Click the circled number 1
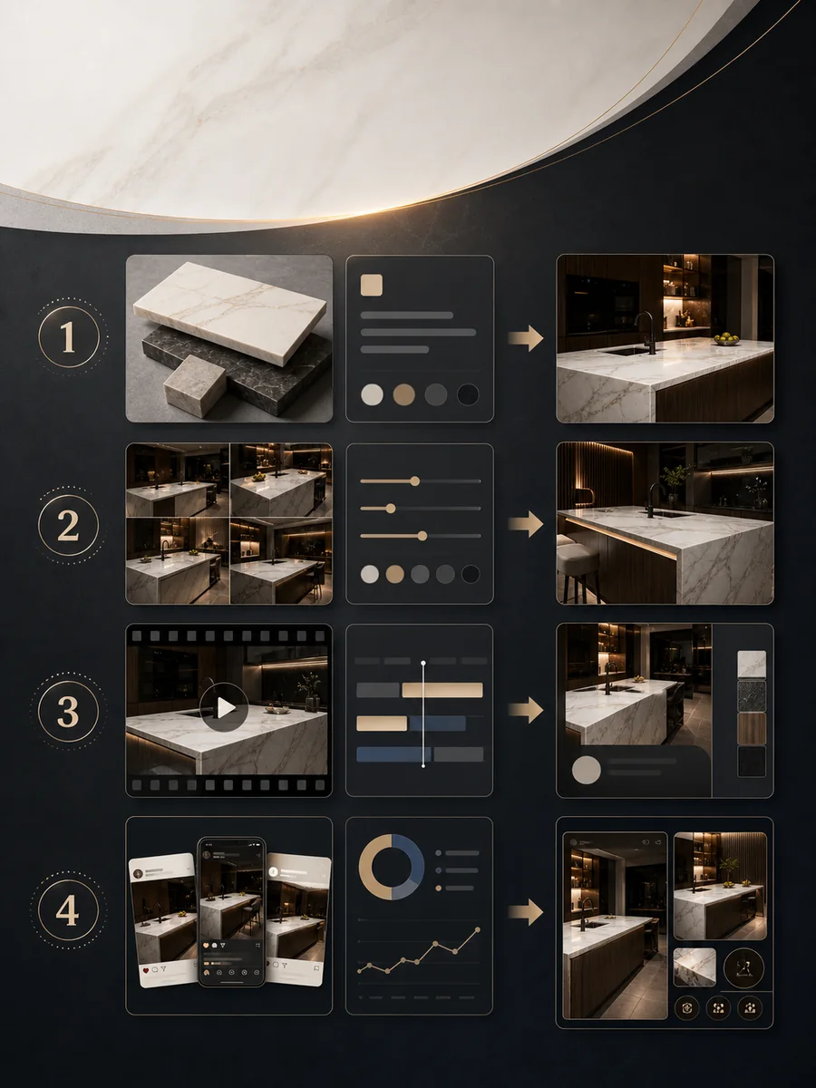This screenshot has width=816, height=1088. (x=68, y=336)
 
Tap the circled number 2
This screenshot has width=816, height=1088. (x=68, y=525)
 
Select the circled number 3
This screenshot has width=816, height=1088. (x=68, y=712)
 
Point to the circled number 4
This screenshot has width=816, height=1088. (x=68, y=910)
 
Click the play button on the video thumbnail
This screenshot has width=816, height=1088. (x=225, y=707)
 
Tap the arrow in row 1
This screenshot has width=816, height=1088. (x=526, y=338)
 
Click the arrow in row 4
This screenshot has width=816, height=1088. (x=526, y=912)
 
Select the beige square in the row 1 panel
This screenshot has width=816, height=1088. (x=371, y=285)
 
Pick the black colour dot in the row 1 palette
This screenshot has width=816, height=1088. (x=467, y=394)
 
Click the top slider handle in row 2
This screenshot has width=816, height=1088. (x=415, y=481)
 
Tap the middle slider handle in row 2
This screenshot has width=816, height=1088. (x=391, y=509)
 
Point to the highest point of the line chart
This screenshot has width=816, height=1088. (x=478, y=930)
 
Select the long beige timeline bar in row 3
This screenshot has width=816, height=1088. (x=442, y=690)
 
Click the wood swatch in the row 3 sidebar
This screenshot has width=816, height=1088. (x=752, y=729)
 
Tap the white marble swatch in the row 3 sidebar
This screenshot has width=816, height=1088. (x=752, y=665)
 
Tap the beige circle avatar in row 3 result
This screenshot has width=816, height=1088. (x=587, y=770)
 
